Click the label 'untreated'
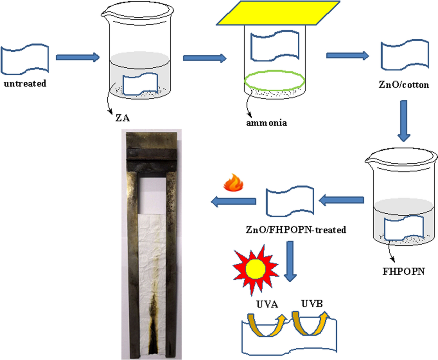[x=25, y=84]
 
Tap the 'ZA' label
[x=122, y=118]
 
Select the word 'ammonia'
[x=267, y=123]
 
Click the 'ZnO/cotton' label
[x=404, y=85]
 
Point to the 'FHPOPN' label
[x=404, y=271]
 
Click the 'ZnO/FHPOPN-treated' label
[x=296, y=230]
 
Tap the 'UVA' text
[x=267, y=304]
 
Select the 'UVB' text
[x=312, y=304]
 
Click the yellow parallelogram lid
[x=278, y=13]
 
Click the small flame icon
[x=233, y=183]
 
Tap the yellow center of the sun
[x=255, y=269]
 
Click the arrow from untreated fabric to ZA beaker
[x=77, y=57]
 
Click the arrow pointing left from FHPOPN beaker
[x=342, y=200]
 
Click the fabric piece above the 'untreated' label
[x=25, y=59]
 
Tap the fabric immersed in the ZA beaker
[x=140, y=84]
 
